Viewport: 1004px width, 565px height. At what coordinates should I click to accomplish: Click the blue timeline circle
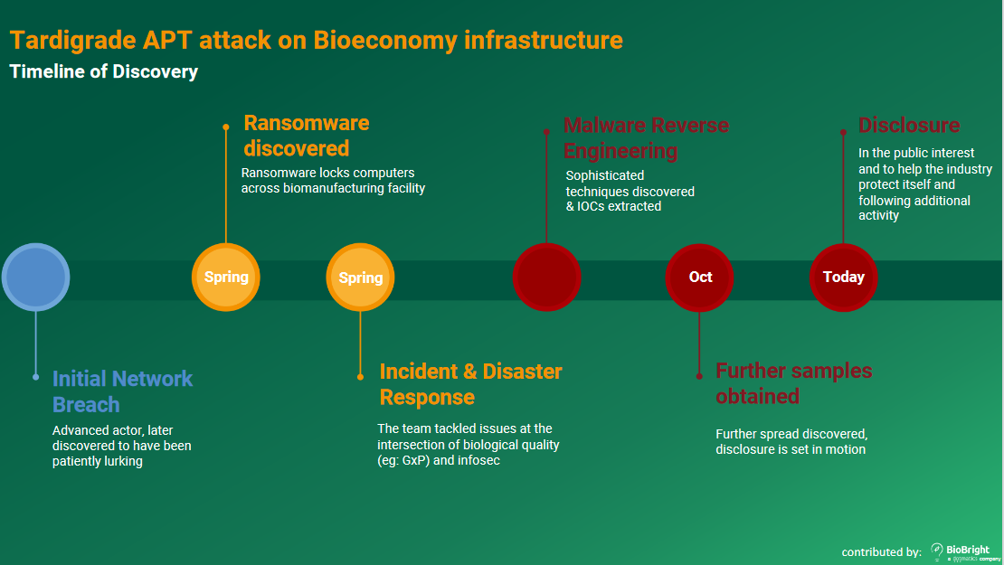tap(36, 277)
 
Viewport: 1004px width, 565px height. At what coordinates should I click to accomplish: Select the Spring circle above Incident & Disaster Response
tap(361, 277)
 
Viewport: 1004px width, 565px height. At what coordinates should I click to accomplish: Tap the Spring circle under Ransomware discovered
tap(226, 277)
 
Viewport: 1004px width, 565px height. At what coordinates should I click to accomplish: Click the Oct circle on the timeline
tap(699, 277)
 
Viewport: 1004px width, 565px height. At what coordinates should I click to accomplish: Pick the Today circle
tap(843, 277)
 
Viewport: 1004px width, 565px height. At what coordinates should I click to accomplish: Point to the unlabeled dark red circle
tap(547, 277)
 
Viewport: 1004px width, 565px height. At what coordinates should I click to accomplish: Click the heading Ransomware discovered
tap(307, 136)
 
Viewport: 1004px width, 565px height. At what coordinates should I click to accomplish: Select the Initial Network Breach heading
tap(122, 391)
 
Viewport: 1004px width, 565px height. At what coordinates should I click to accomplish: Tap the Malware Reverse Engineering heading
tap(646, 138)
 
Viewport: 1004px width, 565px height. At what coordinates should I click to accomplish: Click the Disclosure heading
tap(909, 126)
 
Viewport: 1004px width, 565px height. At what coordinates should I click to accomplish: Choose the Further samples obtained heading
tap(794, 383)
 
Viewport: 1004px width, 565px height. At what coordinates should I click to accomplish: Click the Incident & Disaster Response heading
tap(470, 384)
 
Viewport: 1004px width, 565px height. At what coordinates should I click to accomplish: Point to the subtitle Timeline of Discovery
tap(104, 71)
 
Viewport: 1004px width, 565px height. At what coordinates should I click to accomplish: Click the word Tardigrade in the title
tap(73, 41)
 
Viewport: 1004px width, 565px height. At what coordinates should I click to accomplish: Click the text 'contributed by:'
tap(881, 552)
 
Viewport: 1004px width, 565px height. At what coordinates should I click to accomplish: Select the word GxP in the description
tap(415, 461)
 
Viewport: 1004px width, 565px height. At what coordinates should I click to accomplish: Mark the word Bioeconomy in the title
tap(384, 41)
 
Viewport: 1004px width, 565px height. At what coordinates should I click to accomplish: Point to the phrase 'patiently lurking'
tap(98, 461)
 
